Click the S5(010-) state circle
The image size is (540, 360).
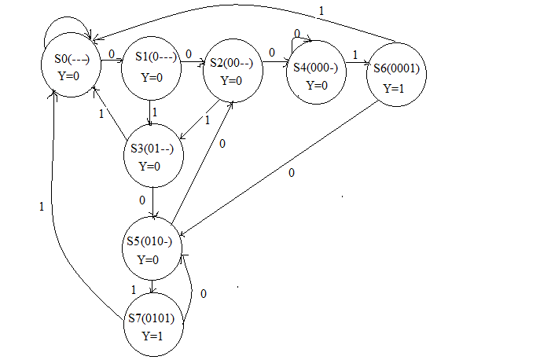coord(154,248)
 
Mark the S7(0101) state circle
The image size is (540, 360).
coord(154,326)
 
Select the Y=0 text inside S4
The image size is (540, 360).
coord(316,86)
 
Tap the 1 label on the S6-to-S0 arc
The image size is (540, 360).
coord(321,11)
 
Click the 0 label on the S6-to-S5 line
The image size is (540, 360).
coord(292,172)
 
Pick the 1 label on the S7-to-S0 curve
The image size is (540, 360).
coord(41,206)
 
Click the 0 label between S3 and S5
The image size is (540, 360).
coord(142,200)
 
